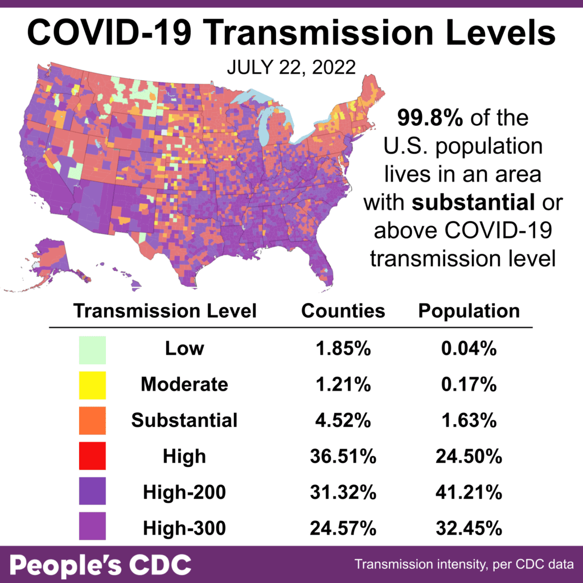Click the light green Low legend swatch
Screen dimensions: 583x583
click(92, 350)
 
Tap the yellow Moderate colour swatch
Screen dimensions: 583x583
click(92, 385)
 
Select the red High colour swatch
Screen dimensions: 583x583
click(92, 455)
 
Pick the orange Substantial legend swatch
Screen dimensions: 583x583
click(92, 420)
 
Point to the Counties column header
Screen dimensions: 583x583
click(343, 311)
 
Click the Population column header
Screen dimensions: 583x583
click(469, 311)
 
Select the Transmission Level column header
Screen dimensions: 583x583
click(165, 311)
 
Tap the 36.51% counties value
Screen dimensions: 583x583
click(343, 456)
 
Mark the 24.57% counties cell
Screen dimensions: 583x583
click(343, 527)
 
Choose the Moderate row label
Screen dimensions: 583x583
click(184, 385)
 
